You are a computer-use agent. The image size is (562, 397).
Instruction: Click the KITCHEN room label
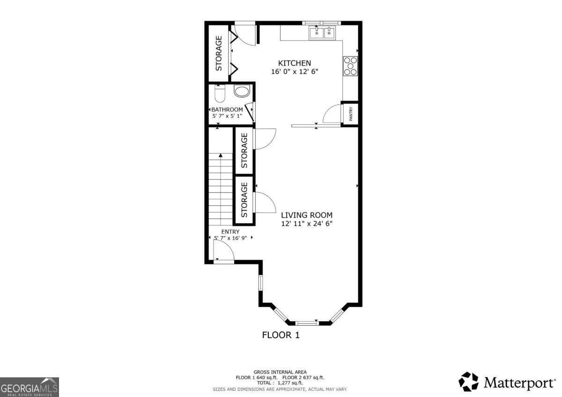pyautogui.click(x=294, y=63)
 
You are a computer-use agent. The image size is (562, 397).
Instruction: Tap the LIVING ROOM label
pyautogui.click(x=307, y=215)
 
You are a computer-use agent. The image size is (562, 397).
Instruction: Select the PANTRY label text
pyautogui.click(x=351, y=114)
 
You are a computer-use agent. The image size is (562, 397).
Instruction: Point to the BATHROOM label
pyautogui.click(x=227, y=110)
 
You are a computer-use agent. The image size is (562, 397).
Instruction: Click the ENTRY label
pyautogui.click(x=230, y=232)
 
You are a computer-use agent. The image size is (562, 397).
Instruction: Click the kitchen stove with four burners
pyautogui.click(x=350, y=66)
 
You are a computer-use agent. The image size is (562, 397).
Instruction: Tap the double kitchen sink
pyautogui.click(x=323, y=33)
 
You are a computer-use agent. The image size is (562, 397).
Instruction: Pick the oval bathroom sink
pyautogui.click(x=242, y=91)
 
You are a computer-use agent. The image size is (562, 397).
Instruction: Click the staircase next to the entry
pyautogui.click(x=221, y=187)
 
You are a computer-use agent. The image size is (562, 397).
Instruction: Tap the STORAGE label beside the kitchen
pyautogui.click(x=219, y=53)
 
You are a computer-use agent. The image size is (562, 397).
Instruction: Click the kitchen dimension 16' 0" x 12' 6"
pyautogui.click(x=294, y=72)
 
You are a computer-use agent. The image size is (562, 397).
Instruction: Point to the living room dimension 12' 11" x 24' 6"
pyautogui.click(x=307, y=224)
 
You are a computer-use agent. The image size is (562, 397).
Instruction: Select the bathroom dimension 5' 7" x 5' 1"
pyautogui.click(x=227, y=116)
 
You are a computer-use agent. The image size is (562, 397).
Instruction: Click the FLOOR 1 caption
pyautogui.click(x=280, y=335)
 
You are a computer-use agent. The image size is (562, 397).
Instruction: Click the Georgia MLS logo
pyautogui.click(x=30, y=387)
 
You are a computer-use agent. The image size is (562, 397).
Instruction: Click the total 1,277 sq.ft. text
pyautogui.click(x=280, y=383)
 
